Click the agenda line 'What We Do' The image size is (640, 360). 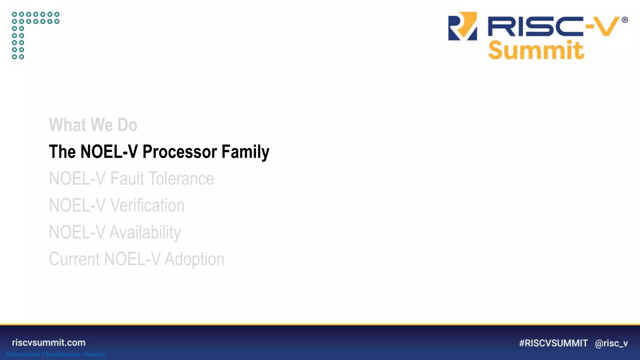click(93, 125)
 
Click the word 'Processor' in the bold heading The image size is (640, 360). click(180, 152)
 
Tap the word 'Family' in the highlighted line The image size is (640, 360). click(245, 152)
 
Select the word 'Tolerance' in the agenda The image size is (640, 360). click(181, 179)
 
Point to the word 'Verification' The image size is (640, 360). click(147, 206)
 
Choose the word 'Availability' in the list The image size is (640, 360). click(145, 232)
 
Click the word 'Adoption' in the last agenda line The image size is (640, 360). click(194, 259)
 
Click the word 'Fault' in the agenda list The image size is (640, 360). click(127, 179)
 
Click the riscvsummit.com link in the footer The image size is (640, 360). click(49, 342)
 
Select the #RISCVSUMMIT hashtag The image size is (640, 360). click(553, 343)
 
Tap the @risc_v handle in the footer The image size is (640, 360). click(611, 343)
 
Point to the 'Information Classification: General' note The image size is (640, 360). click(56, 354)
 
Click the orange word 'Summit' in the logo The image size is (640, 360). click(536, 50)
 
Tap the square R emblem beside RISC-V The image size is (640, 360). click(462, 26)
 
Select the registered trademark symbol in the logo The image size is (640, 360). click(625, 20)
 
